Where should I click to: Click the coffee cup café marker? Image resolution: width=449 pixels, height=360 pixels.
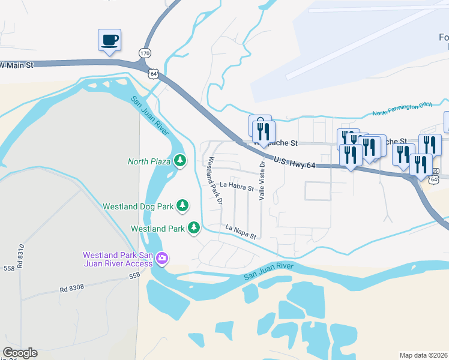(109, 41)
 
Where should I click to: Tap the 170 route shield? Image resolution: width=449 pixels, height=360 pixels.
(145, 53)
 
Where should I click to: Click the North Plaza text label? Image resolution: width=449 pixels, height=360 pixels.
(149, 161)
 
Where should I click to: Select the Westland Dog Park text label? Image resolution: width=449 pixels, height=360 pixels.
(138, 206)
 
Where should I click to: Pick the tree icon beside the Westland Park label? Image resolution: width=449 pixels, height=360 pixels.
(193, 228)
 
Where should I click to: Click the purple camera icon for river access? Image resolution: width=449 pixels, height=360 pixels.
(161, 259)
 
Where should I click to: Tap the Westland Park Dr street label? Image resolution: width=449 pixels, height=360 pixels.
(215, 179)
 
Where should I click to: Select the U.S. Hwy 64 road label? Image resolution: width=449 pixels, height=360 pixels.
(294, 162)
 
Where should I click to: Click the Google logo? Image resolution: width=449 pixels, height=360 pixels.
(20, 353)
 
